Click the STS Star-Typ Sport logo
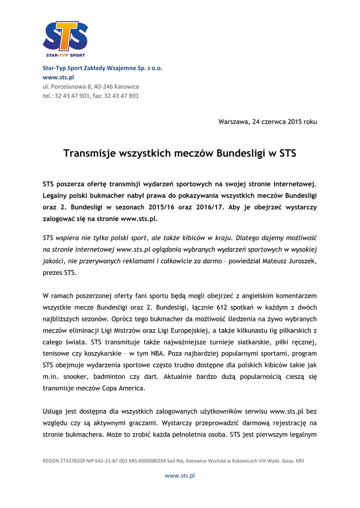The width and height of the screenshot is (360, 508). (65, 39)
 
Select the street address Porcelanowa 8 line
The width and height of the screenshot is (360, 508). (91, 86)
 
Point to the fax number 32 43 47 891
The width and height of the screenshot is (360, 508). (122, 96)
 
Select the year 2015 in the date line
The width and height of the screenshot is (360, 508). (295, 122)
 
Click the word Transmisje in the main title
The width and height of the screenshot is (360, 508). (90, 153)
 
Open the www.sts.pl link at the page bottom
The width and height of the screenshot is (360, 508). (180, 475)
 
